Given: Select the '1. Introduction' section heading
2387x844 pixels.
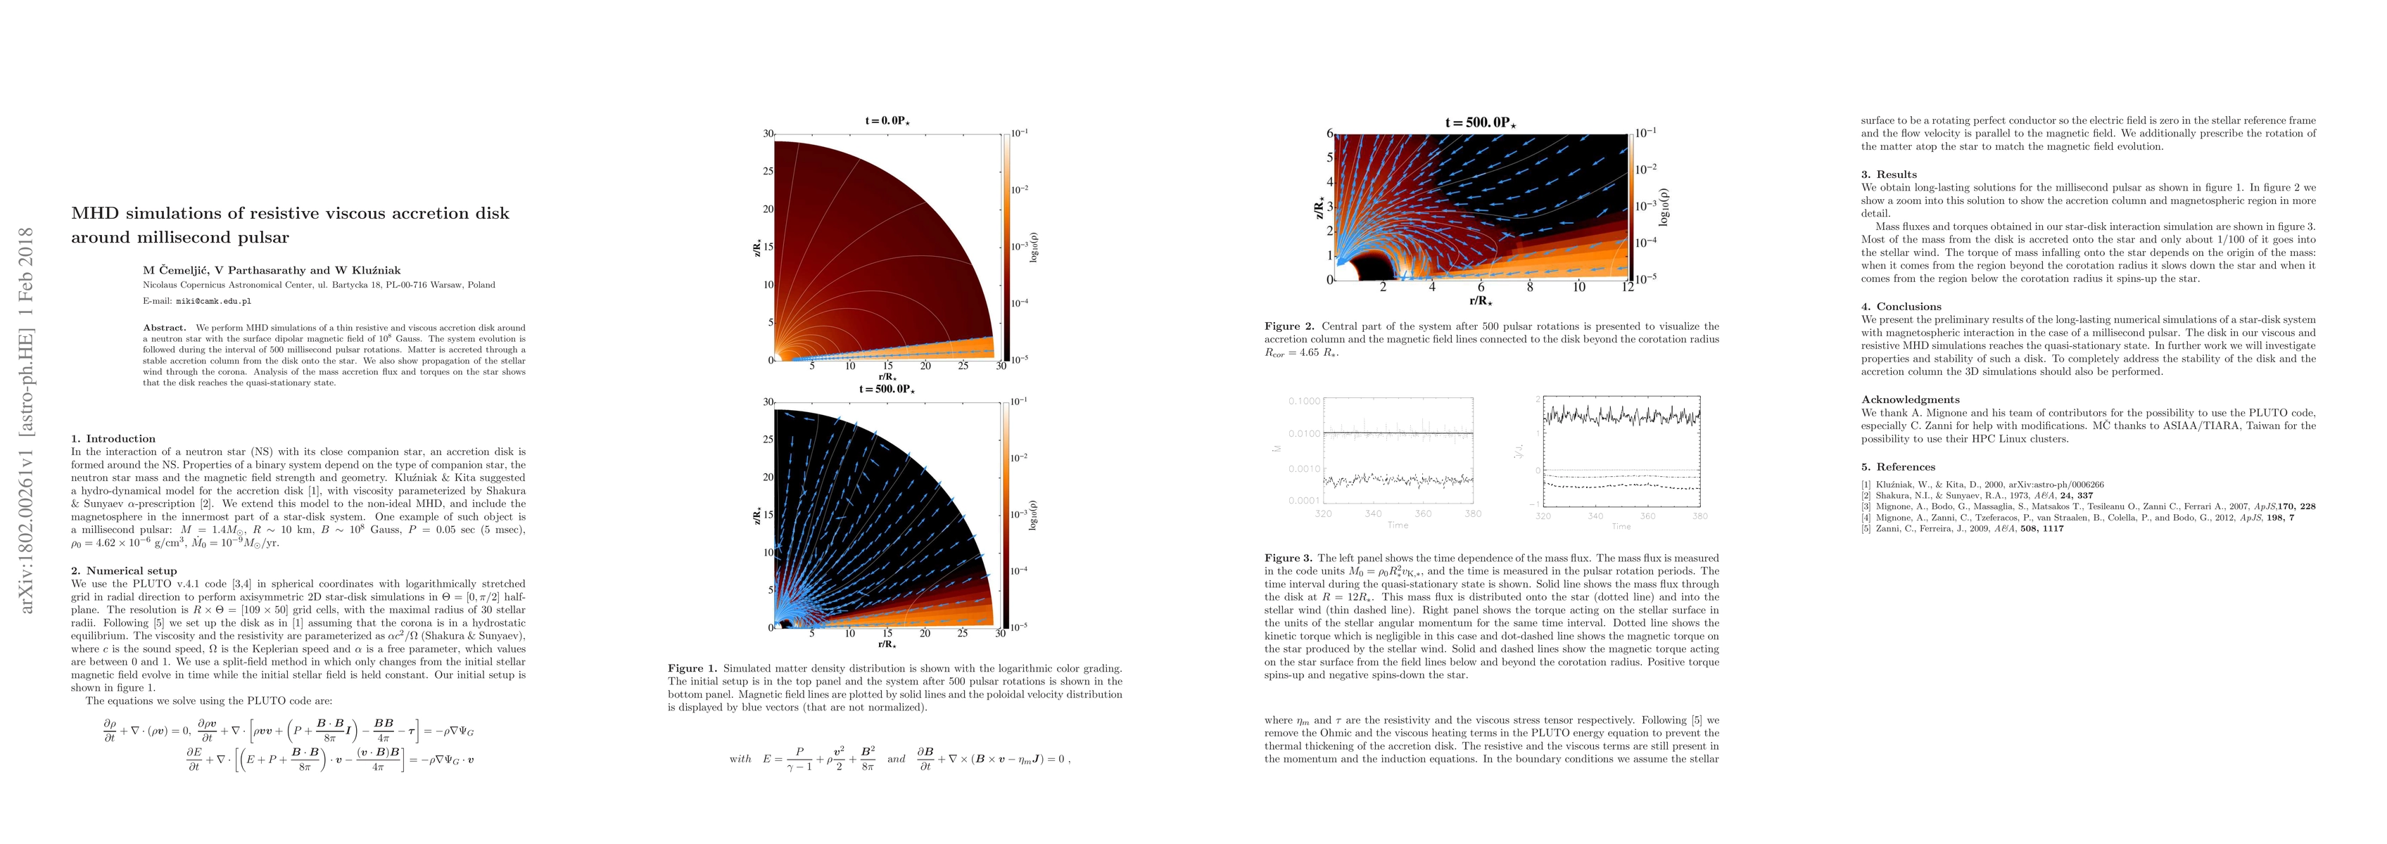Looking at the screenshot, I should pyautogui.click(x=114, y=438).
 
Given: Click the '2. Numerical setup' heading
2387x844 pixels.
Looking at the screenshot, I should pyautogui.click(x=124, y=570).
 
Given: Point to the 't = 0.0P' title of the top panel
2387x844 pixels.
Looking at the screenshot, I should pyautogui.click(x=887, y=120).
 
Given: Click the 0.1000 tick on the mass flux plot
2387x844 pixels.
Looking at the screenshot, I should pyautogui.click(x=1305, y=401).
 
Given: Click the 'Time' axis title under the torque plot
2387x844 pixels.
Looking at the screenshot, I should pyautogui.click(x=1621, y=526).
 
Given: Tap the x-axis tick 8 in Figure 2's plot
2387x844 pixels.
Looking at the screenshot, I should pyautogui.click(x=1530, y=287).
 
